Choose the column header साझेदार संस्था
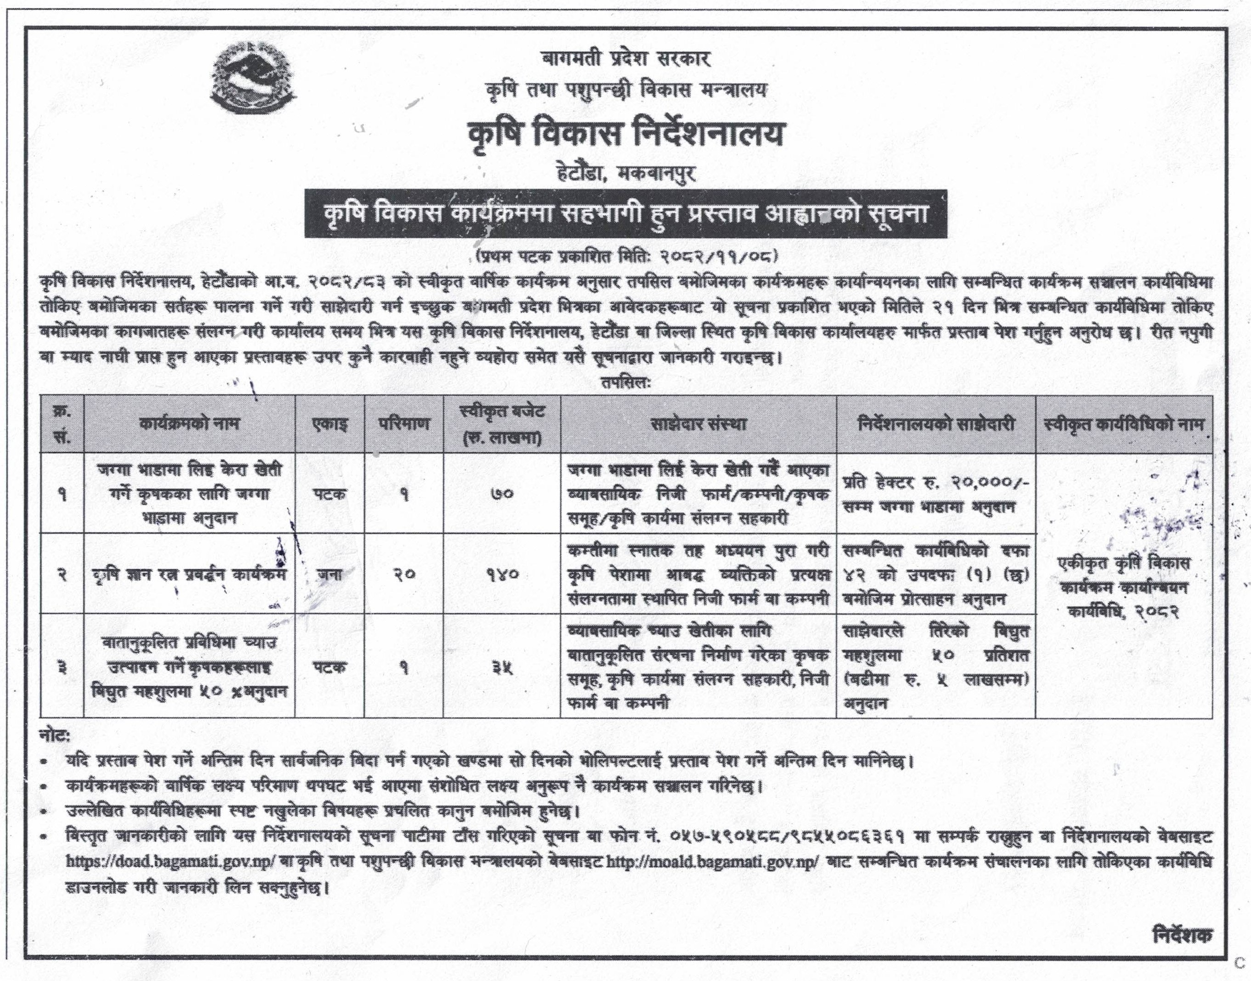click(x=698, y=424)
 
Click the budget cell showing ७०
click(x=502, y=494)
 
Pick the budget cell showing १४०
click(x=502, y=574)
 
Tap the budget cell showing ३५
click(x=502, y=667)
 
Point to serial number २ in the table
click(x=62, y=574)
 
